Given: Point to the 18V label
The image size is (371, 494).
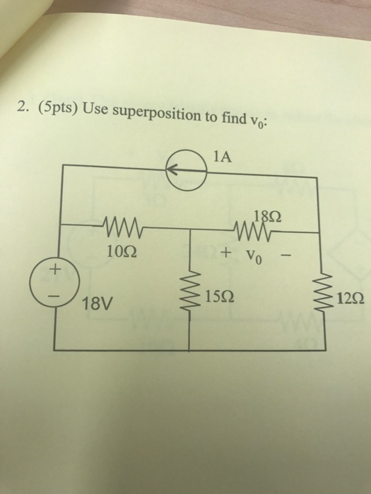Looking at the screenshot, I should coord(97,306).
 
